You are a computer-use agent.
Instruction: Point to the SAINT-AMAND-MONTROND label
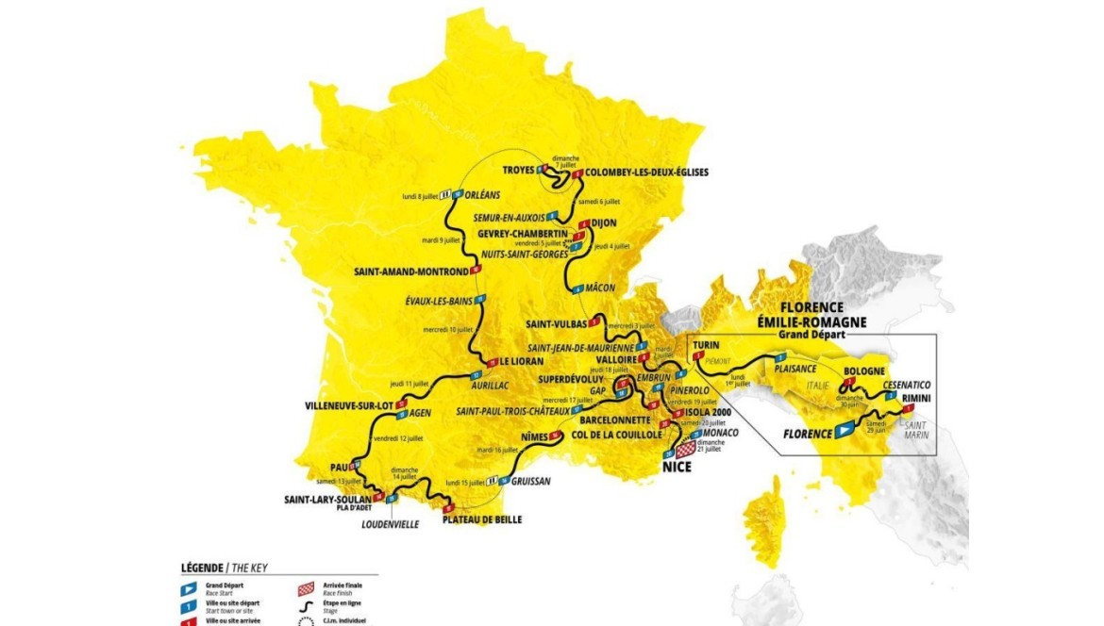(410, 272)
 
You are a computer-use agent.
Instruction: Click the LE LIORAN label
(522, 361)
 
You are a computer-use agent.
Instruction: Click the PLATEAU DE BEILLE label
(481, 519)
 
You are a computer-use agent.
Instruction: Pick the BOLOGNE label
(864, 371)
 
